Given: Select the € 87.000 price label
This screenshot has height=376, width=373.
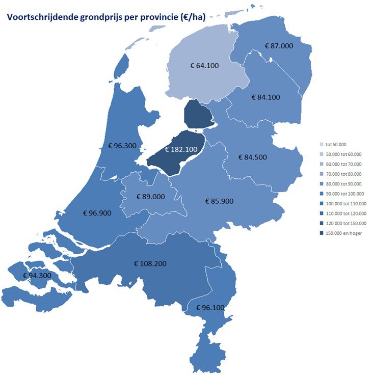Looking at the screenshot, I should pos(279,46).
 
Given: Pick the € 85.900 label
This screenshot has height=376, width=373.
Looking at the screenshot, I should pos(219,201).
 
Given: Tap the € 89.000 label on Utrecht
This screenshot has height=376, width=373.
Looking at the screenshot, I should pos(151,197).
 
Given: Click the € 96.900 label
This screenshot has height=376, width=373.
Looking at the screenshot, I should pos(97,212).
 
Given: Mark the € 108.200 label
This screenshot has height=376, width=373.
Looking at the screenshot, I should pos(150,264).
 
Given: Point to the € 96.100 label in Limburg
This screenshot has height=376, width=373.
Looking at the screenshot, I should pos(210,308).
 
